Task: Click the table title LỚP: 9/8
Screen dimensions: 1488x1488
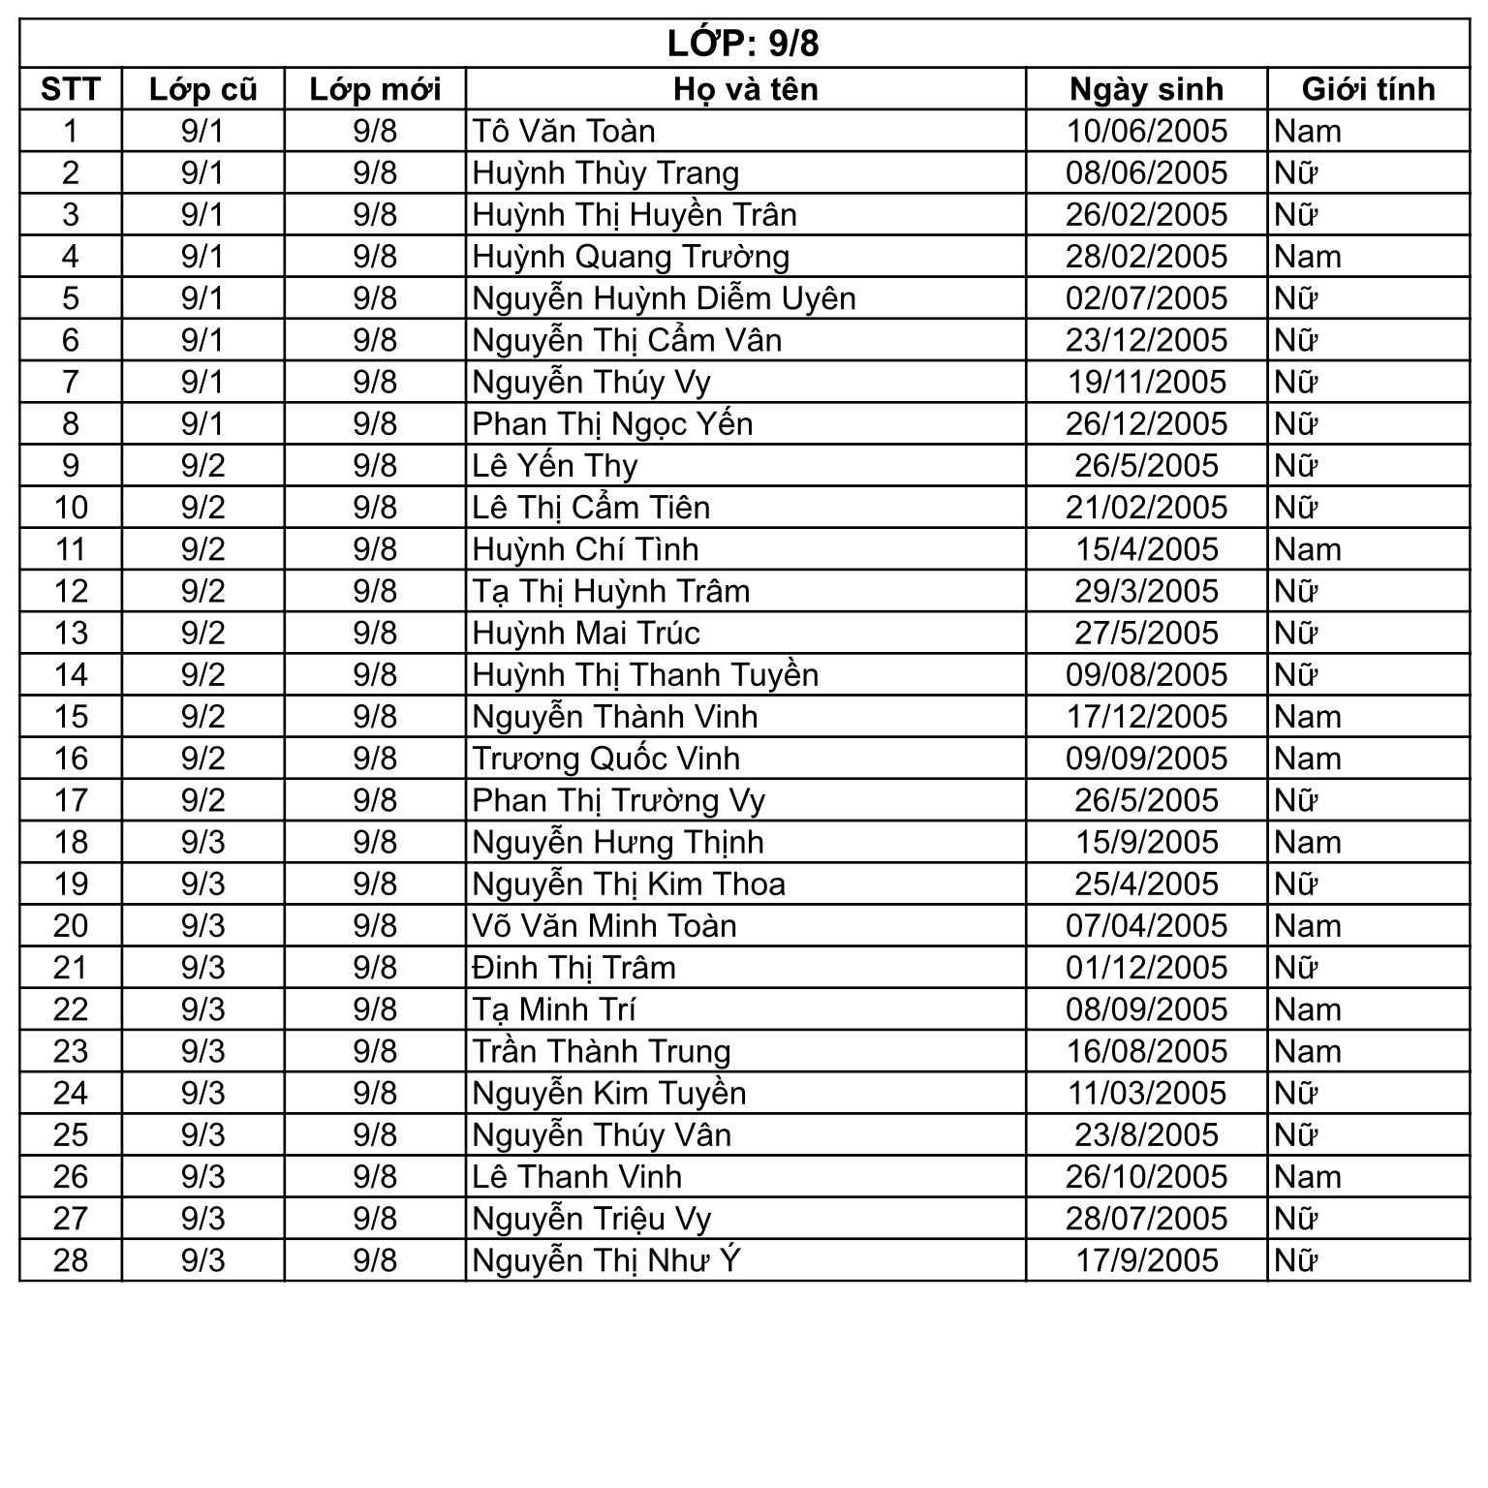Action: [743, 44]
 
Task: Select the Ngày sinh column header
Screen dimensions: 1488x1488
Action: [1146, 89]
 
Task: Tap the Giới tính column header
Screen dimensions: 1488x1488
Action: [1368, 89]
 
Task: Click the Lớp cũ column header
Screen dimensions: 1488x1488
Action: [202, 89]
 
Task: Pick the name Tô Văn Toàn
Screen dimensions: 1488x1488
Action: [564, 131]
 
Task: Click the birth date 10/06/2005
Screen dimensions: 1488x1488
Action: [1146, 131]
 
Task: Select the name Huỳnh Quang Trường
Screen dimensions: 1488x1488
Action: [631, 257]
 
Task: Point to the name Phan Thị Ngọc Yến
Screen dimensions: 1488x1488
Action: [612, 424]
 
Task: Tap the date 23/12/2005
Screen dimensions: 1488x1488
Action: [1146, 340]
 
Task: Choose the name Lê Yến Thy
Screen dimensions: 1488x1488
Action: [555, 466]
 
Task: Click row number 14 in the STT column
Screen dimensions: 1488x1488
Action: [71, 675]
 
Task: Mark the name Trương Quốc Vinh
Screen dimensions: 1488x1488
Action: [605, 759]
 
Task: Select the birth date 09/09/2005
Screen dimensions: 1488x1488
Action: [1146, 759]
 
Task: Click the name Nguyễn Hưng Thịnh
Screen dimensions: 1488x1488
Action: [618, 842]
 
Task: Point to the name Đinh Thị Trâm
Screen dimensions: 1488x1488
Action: [573, 968]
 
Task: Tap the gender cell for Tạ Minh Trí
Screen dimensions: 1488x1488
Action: [1308, 1009]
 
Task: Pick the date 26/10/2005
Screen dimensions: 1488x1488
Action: [1146, 1177]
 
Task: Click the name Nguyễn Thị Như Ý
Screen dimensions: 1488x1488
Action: [606, 1260]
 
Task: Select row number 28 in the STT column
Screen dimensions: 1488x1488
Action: [71, 1260]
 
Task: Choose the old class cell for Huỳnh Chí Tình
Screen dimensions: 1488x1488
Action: [202, 549]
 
